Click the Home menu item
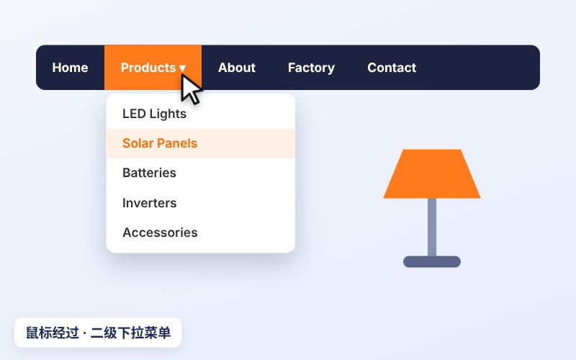point(70,68)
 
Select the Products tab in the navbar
point(153,68)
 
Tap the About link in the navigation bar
point(237,68)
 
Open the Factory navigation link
point(311,68)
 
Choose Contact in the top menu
point(392,68)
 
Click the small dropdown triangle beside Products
point(182,68)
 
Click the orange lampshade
point(432,174)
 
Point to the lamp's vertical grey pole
point(432,227)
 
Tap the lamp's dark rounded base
point(432,261)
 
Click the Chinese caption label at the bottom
point(98,333)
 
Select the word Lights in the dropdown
point(168,114)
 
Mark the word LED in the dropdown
point(134,114)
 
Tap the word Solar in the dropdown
point(138,143)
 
